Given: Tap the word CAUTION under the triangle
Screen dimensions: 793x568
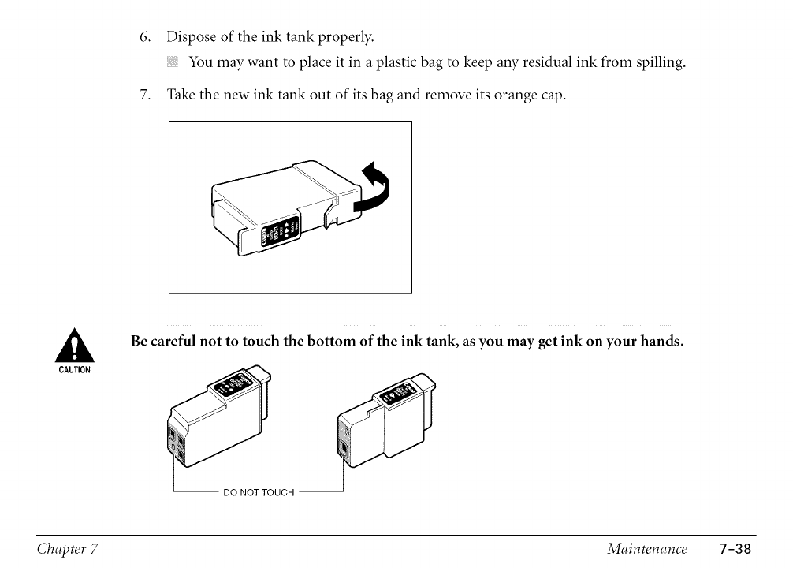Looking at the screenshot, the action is pos(76,368).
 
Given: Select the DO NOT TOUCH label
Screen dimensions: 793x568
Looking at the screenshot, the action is pos(259,493).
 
